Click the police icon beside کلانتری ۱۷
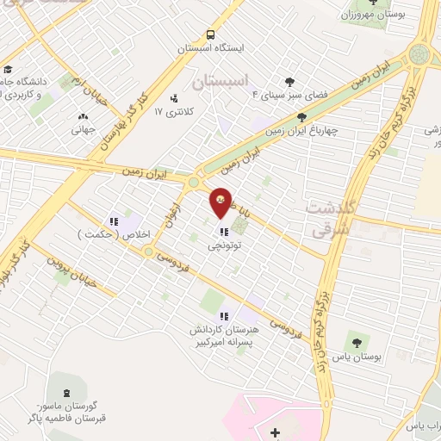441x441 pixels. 174,98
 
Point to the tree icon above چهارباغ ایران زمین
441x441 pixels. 301,117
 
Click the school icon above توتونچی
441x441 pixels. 223,231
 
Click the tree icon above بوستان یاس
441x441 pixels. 357,342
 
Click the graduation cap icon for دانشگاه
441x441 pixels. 8,70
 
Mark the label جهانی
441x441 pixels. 84,130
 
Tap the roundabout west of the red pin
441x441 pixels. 194,183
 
